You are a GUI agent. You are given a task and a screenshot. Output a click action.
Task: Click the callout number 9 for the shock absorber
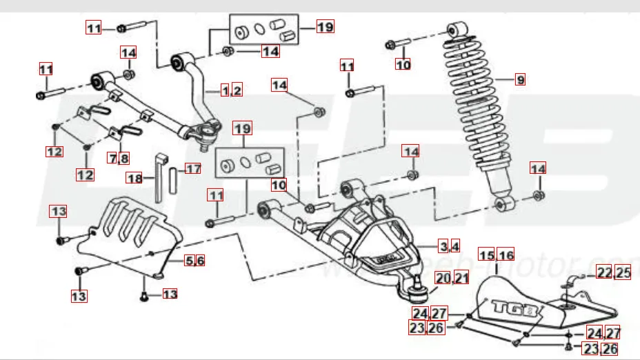tap(520, 80)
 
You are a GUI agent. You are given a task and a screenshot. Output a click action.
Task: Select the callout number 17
tap(193, 168)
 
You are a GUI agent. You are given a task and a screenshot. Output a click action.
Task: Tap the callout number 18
tap(134, 178)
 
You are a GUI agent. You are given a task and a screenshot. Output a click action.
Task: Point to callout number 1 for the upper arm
tap(225, 90)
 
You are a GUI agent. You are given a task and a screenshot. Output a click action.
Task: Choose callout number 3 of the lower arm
tap(445, 246)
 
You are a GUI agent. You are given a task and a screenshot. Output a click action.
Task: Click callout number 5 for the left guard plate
tap(189, 261)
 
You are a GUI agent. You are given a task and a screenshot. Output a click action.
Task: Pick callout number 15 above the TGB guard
tap(486, 256)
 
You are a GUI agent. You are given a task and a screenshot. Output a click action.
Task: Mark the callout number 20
tap(442, 279)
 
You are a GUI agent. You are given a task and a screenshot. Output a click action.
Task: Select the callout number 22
tap(604, 273)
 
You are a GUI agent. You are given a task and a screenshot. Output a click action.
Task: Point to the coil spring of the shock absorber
tap(483, 103)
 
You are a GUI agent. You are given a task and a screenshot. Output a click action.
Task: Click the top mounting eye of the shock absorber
tap(456, 30)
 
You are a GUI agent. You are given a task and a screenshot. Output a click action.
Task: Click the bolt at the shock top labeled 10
tap(394, 46)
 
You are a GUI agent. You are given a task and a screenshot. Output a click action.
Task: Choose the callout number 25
tap(623, 273)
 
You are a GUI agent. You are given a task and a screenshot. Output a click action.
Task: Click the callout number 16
tap(506, 256)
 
